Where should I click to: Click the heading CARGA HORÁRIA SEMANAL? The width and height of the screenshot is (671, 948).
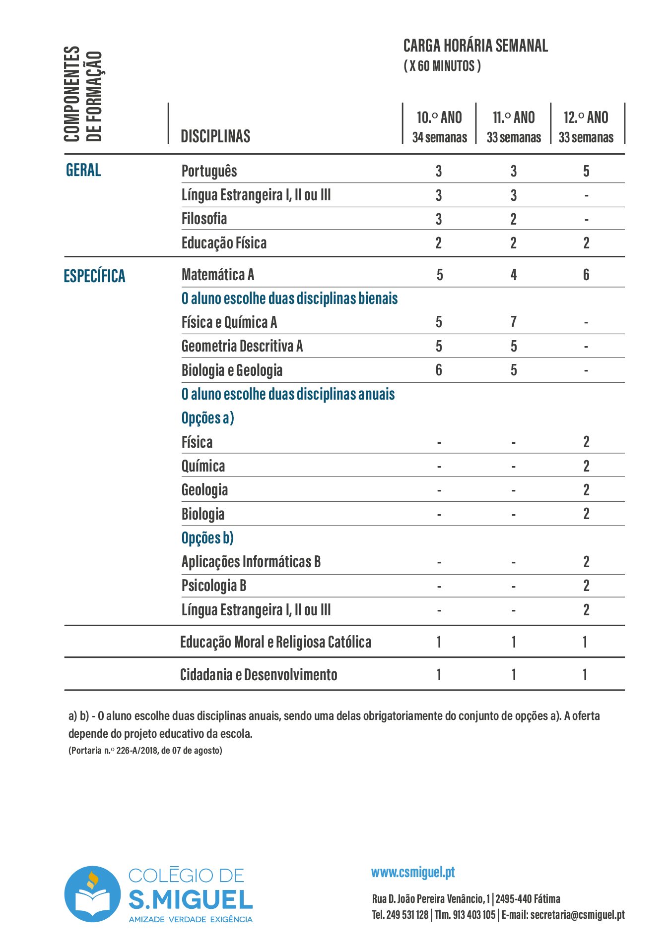click(x=475, y=46)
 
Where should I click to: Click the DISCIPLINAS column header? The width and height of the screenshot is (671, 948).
click(x=215, y=136)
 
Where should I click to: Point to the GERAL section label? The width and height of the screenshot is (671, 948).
click(x=83, y=170)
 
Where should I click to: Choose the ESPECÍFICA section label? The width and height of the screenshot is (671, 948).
click(x=94, y=276)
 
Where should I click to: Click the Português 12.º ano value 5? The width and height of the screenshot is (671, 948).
click(x=586, y=172)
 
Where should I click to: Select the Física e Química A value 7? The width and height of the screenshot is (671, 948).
click(x=514, y=322)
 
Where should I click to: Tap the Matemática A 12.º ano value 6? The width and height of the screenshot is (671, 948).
click(x=586, y=275)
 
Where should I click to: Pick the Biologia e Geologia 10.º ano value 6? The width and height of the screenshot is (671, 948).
click(x=439, y=370)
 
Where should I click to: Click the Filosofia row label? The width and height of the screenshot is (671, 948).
click(x=204, y=219)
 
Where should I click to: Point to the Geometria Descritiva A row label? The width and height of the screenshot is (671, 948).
click(x=242, y=346)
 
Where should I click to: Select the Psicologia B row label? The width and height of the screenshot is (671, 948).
click(x=213, y=586)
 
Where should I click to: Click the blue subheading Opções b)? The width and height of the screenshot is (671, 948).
click(x=207, y=538)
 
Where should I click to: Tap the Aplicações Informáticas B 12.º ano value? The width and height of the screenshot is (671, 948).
click(x=586, y=562)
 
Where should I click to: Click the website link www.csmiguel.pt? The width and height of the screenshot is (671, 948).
click(x=413, y=872)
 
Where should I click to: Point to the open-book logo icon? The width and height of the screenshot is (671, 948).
click(x=92, y=894)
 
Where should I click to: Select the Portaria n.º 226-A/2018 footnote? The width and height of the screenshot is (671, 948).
click(x=145, y=750)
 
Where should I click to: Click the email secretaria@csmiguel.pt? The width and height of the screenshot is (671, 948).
click(x=577, y=915)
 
